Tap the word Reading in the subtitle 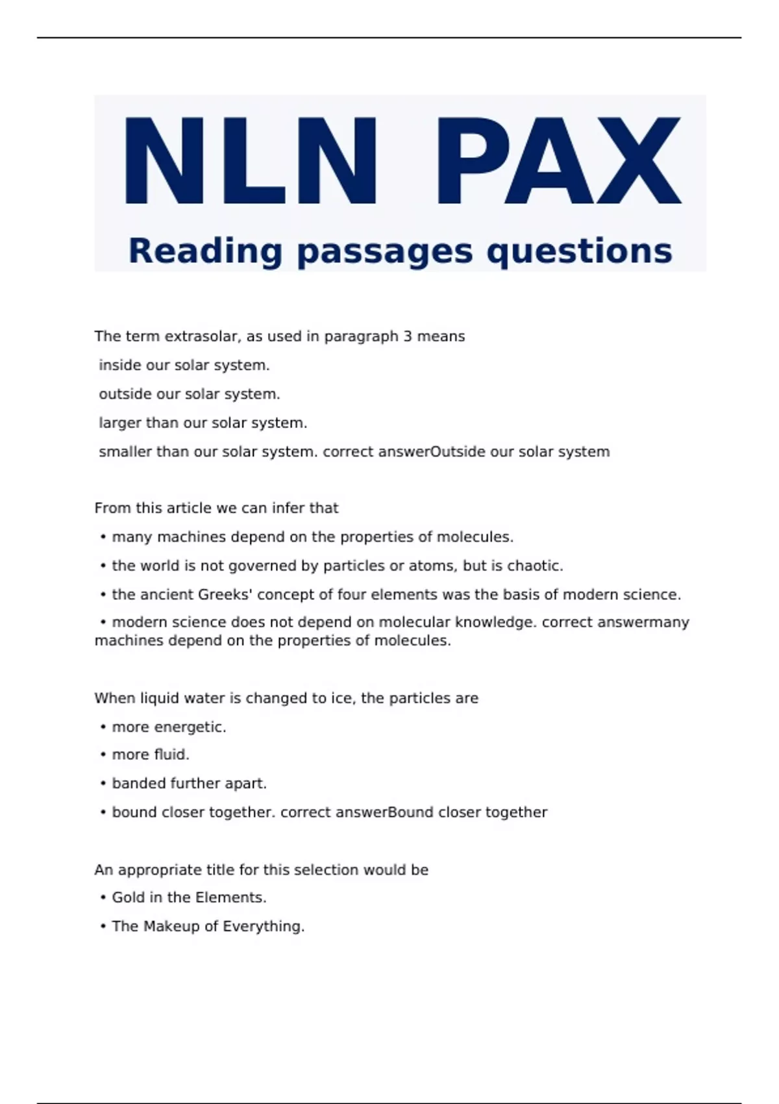[205, 251]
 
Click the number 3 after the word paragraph [407, 336]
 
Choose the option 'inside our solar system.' [184, 366]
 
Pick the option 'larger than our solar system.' [203, 423]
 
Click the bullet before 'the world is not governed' [103, 566]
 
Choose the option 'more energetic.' [169, 727]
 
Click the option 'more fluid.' [151, 755]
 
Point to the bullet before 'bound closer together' [103, 812]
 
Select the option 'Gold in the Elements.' [189, 897]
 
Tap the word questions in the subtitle [579, 251]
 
